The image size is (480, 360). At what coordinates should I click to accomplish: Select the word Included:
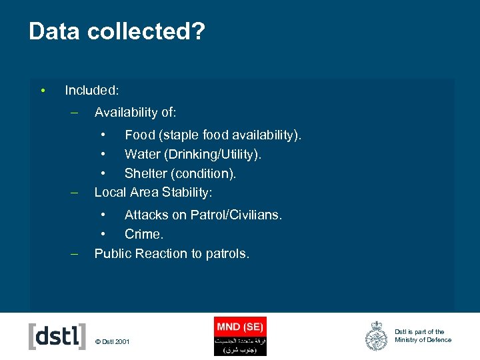[92, 90]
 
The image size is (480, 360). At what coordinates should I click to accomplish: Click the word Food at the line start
[139, 135]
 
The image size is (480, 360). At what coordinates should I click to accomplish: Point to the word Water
[143, 155]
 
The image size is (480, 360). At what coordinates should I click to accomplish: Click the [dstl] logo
[57, 336]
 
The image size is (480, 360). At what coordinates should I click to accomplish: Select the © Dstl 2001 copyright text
[113, 343]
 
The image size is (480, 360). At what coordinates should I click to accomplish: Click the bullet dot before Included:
[42, 90]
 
